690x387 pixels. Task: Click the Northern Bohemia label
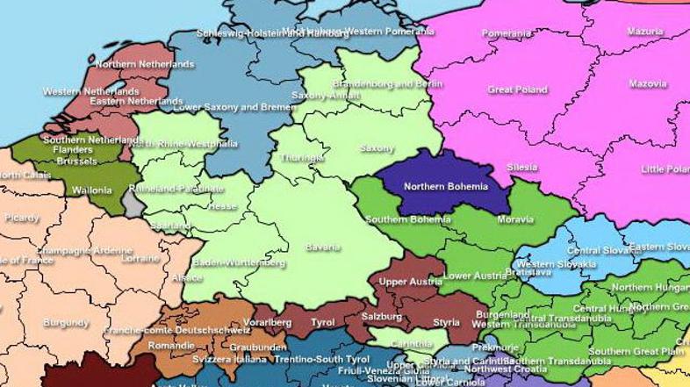coord(444,187)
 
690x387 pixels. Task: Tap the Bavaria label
coord(322,247)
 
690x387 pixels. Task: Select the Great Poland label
coord(517,90)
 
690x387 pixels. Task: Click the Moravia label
coord(514,219)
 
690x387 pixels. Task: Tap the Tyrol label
coord(322,323)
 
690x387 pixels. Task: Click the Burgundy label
coord(66,323)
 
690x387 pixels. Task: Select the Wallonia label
coord(90,190)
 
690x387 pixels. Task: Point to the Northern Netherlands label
coord(145,65)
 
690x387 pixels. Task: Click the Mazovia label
coord(648,85)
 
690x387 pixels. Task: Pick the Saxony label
coord(377,148)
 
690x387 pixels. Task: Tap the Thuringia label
coord(301,159)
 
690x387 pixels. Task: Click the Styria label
coord(446,322)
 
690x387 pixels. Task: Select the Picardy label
coord(21,219)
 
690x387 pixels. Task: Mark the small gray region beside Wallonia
coord(133,204)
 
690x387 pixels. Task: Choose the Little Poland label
coord(665,168)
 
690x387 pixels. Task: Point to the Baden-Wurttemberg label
coord(239,263)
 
